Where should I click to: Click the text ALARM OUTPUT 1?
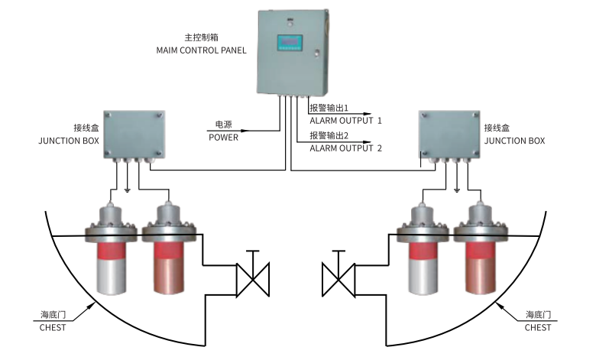[345, 121]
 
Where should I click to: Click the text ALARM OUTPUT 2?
[345, 148]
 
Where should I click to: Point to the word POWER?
[224, 138]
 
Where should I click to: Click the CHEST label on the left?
[53, 327]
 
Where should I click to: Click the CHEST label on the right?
[538, 327]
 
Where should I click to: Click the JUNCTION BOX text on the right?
[514, 141]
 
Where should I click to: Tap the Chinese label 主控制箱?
[199, 36]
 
